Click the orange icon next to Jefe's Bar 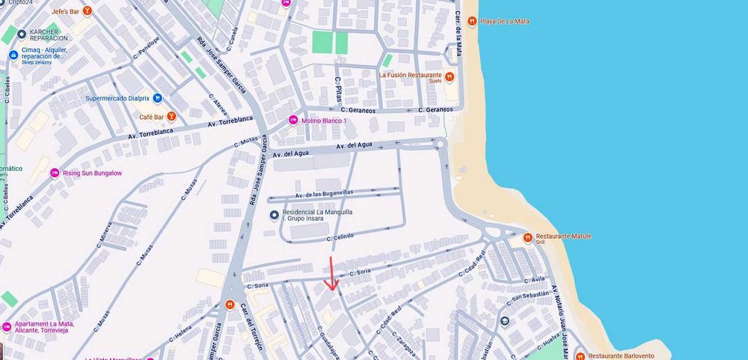point(88,11)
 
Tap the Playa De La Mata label point(505,21)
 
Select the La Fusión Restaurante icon point(450,76)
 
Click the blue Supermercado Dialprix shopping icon point(157,98)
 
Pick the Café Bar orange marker point(171,117)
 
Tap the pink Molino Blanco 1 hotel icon point(293,120)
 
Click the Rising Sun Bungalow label point(91,174)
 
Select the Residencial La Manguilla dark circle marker point(274,216)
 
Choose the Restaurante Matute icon point(527,237)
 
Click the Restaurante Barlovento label point(622,356)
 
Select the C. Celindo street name point(340,237)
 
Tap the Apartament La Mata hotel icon point(7,326)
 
